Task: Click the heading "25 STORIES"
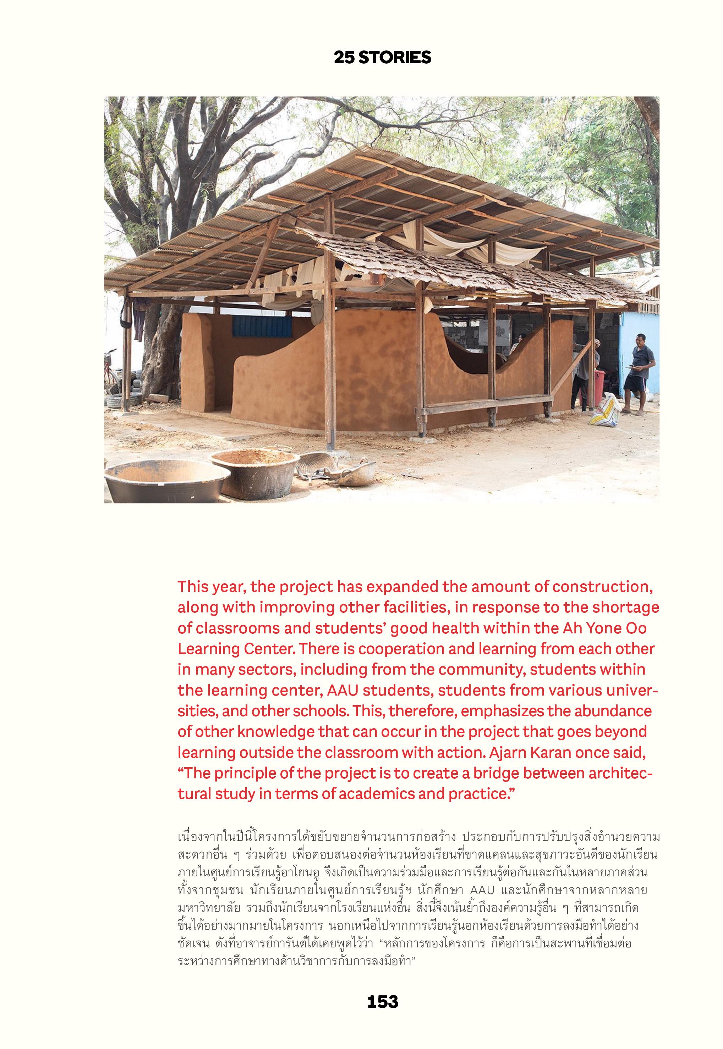click(x=382, y=57)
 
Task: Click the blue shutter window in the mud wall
click(x=262, y=326)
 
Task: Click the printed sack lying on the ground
click(x=605, y=410)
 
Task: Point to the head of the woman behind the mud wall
click(x=523, y=338)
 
